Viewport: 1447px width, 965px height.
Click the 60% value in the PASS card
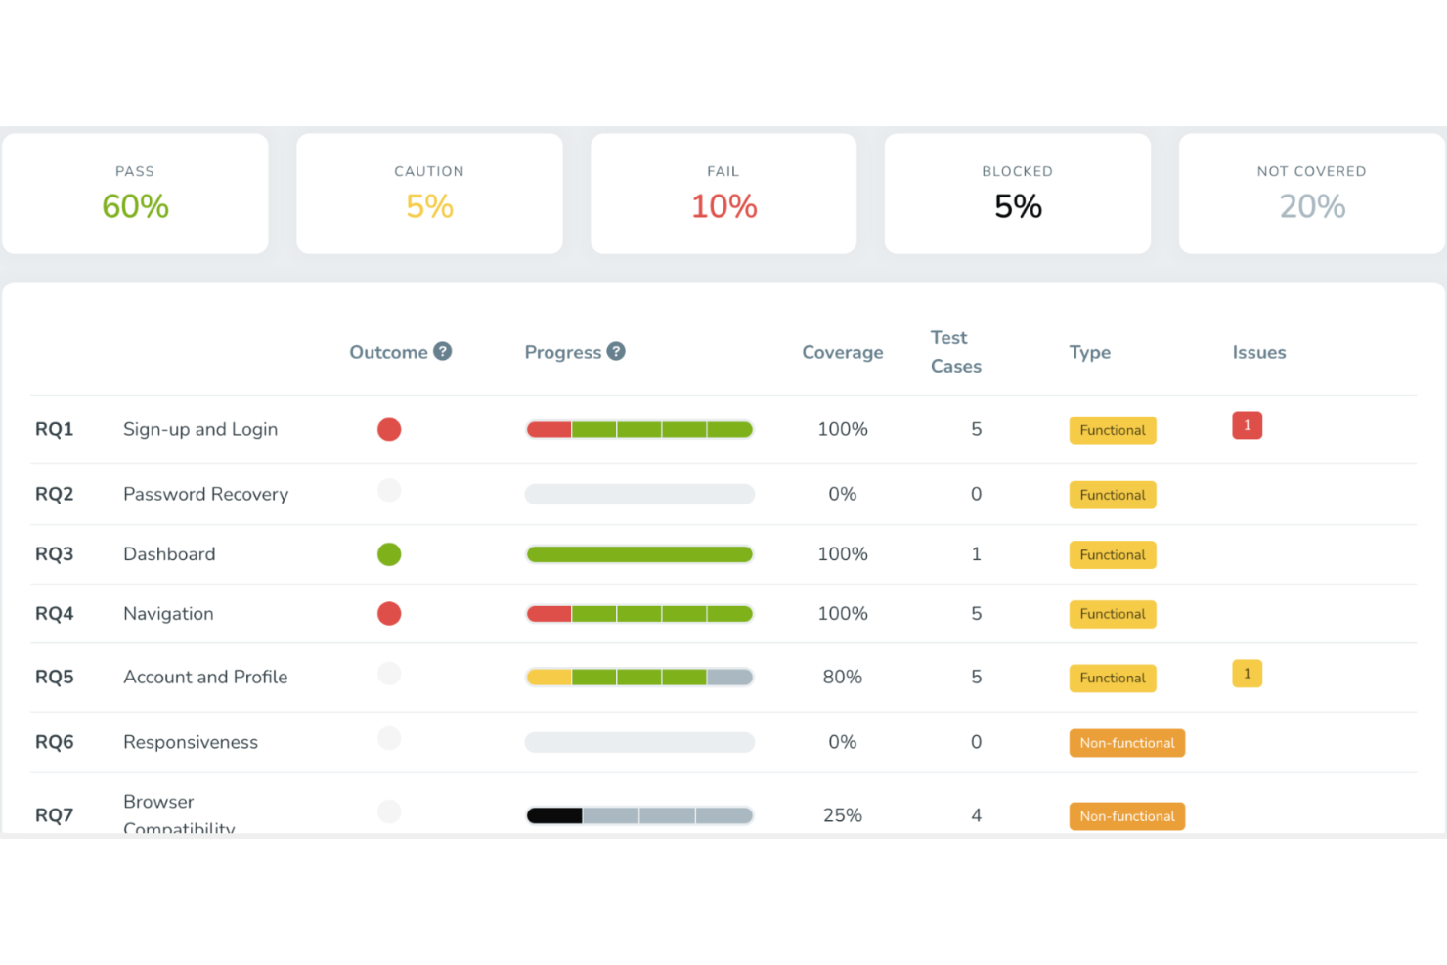[135, 206]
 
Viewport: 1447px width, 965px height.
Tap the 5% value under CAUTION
[429, 206]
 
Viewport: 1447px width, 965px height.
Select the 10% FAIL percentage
[723, 206]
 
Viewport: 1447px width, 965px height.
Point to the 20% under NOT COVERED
[1312, 206]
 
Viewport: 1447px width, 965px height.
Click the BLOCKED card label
[1017, 171]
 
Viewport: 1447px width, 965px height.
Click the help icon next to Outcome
[443, 351]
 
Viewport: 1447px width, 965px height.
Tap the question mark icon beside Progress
[616, 351]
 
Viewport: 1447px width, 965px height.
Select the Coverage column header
[842, 352]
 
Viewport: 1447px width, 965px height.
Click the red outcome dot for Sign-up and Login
[389, 429]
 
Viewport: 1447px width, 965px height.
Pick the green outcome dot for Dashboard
[389, 554]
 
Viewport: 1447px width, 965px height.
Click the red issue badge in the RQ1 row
[1247, 425]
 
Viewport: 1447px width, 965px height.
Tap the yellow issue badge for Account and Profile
[1247, 674]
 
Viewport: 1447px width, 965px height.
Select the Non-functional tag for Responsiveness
[1126, 743]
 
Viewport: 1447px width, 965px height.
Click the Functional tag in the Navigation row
[1113, 614]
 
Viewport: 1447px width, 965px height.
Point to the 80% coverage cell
[842, 677]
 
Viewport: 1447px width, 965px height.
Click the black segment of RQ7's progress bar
[554, 815]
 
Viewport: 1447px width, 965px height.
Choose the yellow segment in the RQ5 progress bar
[549, 677]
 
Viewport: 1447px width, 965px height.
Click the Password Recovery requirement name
[205, 494]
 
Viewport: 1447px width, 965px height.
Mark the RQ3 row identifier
[54, 554]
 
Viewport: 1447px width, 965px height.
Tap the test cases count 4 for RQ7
[976, 815]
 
